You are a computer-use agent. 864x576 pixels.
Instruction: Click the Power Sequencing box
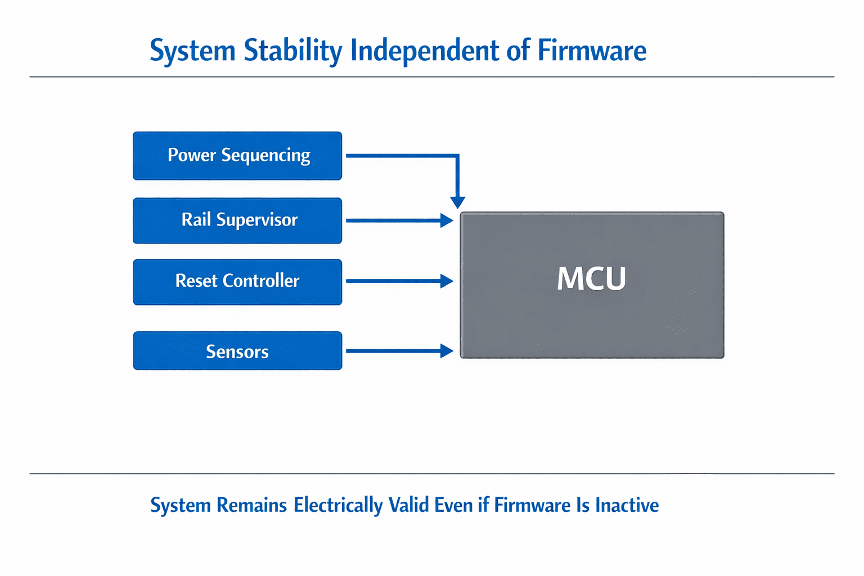[x=237, y=156]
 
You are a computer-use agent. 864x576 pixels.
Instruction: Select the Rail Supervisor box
[x=237, y=220]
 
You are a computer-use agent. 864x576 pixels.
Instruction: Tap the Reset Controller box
[x=237, y=282]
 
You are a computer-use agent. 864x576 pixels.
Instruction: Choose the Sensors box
[x=237, y=350]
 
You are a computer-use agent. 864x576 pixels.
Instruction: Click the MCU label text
[x=591, y=278]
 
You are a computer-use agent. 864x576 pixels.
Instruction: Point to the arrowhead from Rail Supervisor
[x=447, y=220]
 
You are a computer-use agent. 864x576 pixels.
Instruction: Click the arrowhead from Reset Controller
[x=447, y=281]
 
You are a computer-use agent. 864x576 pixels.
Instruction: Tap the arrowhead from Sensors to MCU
[x=447, y=350]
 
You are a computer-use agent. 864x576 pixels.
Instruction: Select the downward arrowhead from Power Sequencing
[x=457, y=202]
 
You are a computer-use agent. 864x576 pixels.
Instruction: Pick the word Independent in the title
[x=425, y=51]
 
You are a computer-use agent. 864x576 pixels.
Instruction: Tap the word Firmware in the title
[x=592, y=51]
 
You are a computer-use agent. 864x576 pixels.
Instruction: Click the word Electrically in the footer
[x=338, y=506]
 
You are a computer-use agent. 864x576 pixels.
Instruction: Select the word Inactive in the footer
[x=627, y=505]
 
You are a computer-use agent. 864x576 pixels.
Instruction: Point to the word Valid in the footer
[x=408, y=505]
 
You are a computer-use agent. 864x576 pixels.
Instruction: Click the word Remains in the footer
[x=251, y=505]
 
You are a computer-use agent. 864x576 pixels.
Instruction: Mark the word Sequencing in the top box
[x=265, y=156]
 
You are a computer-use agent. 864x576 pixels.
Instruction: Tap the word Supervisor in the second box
[x=257, y=220]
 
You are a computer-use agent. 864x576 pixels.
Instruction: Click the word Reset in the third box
[x=196, y=281]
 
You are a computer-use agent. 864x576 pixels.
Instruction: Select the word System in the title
[x=192, y=51]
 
